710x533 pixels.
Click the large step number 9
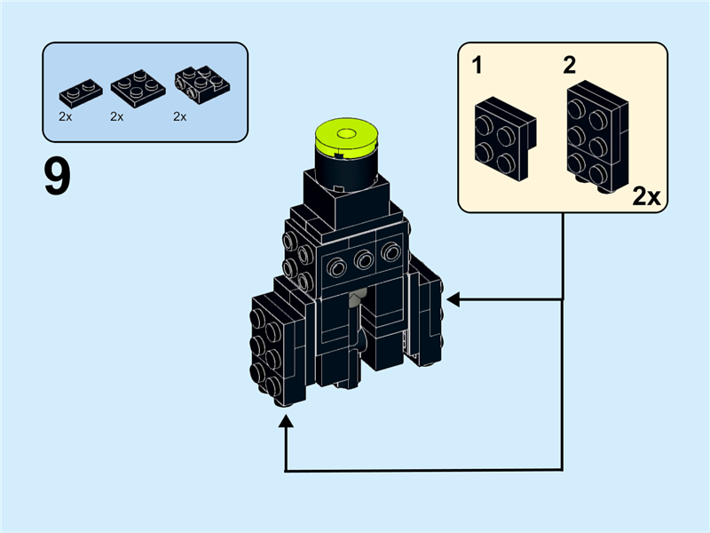[57, 178]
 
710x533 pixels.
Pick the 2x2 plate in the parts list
[134, 87]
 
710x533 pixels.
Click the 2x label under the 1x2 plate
[66, 116]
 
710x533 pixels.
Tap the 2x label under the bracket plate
[180, 116]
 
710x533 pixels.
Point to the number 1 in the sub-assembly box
[478, 66]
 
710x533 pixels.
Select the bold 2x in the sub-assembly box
[647, 196]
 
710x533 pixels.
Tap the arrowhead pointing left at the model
[453, 300]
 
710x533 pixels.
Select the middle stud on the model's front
[362, 260]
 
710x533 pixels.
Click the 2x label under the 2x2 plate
[117, 116]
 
